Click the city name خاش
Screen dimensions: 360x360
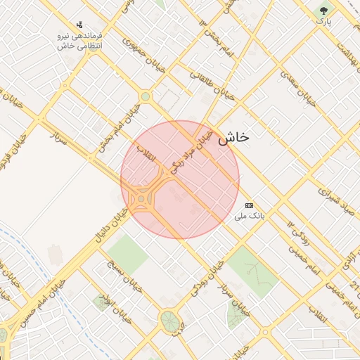(233, 138)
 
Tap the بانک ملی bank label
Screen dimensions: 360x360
(250, 217)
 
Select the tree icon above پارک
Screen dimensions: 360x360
(323, 11)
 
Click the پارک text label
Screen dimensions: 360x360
(323, 22)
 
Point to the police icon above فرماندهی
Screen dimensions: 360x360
(79, 24)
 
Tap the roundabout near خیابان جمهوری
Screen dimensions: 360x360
(145, 96)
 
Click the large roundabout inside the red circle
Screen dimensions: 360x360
(143, 200)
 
